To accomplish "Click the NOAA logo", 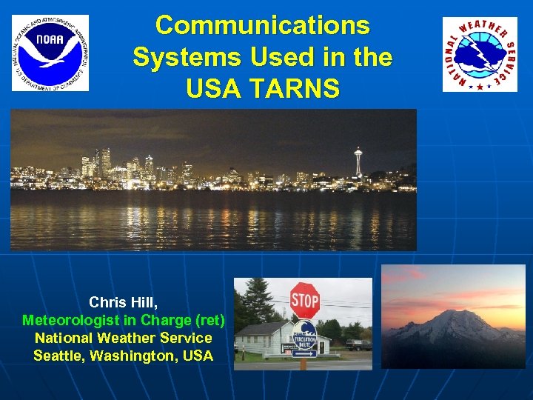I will click(50, 53).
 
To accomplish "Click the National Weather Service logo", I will click(480, 54).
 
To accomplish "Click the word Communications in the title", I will click(263, 25).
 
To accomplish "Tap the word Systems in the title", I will click(181, 57).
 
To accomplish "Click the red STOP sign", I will click(304, 300).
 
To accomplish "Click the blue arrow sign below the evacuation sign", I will click(304, 353).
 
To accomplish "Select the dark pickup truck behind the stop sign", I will click(358, 344).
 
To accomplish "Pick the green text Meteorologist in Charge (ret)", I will click(123, 320).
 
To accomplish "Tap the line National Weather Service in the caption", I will click(123, 338).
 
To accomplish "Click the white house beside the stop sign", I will click(266, 341).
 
